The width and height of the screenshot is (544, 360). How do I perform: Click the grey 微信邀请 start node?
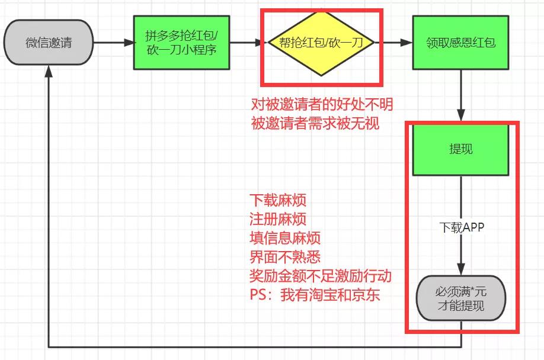point(49,43)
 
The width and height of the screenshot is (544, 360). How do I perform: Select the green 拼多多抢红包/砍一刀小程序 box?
point(181,43)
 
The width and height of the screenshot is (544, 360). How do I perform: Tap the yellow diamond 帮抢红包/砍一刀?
point(321,43)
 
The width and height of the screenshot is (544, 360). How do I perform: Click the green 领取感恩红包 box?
point(460,43)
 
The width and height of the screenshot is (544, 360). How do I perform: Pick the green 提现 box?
point(460,149)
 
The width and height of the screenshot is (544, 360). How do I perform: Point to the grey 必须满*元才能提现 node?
point(460,299)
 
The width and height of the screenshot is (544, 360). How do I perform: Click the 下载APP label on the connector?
point(460,227)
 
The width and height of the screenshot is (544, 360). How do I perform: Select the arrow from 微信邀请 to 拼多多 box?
point(113,43)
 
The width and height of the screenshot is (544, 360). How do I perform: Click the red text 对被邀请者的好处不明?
point(322,105)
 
